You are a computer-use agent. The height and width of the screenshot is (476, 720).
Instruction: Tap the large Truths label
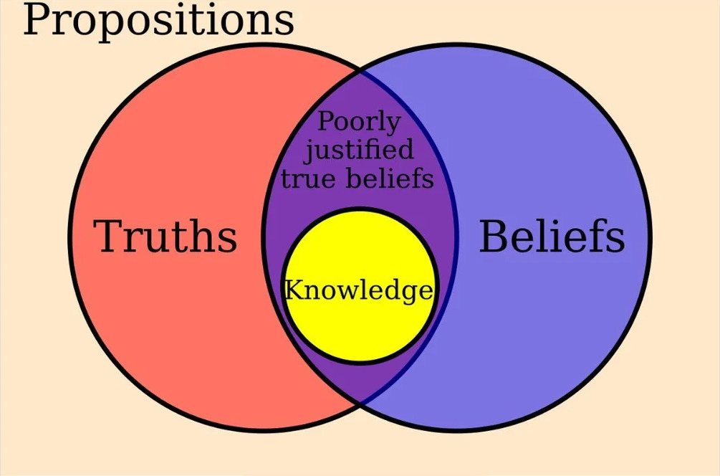tap(165, 236)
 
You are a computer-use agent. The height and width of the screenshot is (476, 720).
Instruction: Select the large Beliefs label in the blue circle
tap(552, 236)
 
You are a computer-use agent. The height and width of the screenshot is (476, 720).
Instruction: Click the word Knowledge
tap(359, 291)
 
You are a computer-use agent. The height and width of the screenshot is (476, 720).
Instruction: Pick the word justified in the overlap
tap(359, 151)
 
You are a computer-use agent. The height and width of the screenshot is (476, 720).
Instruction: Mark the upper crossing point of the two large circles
tap(360, 72)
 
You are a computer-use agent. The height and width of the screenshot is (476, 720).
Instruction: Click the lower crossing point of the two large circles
tap(360, 404)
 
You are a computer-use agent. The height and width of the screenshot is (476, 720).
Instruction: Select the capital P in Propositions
tap(36, 19)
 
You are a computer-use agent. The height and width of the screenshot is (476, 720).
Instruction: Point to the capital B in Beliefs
tap(493, 236)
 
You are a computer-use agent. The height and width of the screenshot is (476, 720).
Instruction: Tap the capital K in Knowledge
tap(294, 290)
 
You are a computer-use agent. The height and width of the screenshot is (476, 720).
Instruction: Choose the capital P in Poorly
tap(326, 121)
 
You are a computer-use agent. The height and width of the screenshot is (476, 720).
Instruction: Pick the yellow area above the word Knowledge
tap(360, 244)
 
